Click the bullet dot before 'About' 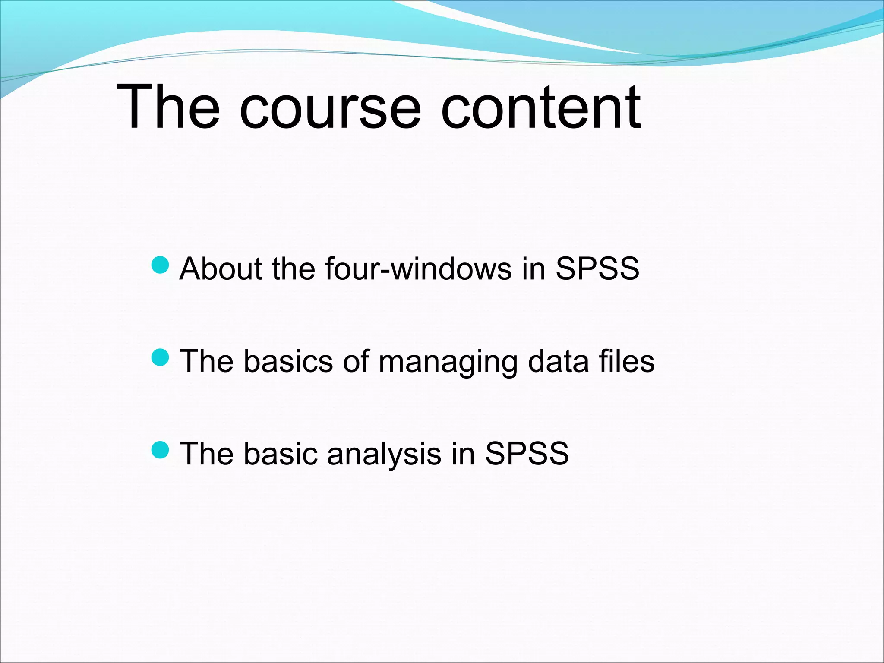coord(161,265)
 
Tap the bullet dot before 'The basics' coord(161,357)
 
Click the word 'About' coord(221,268)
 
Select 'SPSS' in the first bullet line coord(597,268)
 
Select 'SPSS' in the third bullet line coord(527,454)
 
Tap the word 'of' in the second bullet coord(356,361)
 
